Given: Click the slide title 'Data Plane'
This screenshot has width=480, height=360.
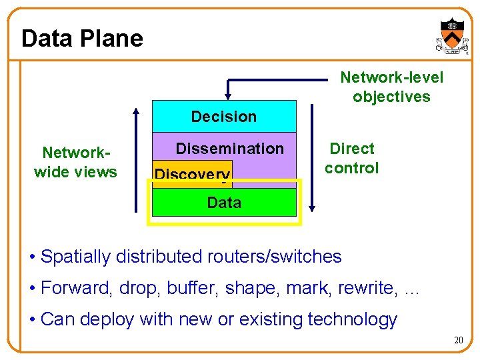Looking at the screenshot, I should (82, 38).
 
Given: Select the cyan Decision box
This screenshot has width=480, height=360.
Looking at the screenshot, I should (224, 117).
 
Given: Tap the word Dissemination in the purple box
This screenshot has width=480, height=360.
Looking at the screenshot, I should (229, 149).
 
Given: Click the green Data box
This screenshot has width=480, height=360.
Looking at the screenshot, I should (224, 203).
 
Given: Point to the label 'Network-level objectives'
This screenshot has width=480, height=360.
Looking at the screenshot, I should (391, 87).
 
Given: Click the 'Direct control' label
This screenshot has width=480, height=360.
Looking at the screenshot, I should (352, 158).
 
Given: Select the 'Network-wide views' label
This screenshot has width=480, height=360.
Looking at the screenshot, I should (75, 163).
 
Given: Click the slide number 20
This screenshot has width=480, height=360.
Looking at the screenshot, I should (458, 341).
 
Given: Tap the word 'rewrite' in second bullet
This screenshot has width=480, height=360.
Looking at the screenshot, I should (368, 288).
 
